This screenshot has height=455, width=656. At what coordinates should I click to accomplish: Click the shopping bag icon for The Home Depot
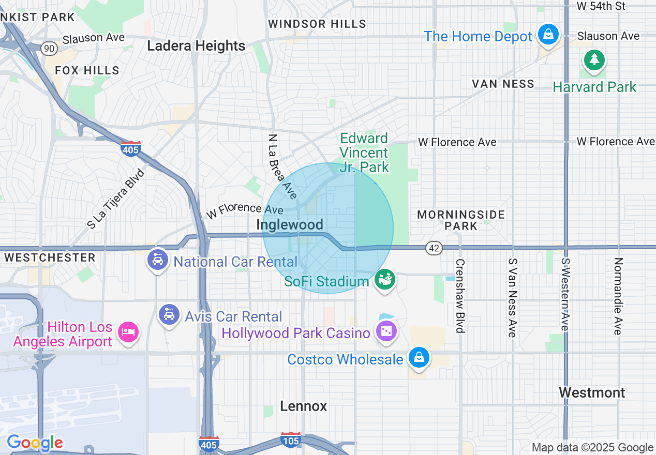(548, 35)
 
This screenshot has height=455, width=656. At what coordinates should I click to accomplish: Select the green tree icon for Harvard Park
(594, 59)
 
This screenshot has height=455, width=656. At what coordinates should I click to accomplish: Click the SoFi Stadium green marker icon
(385, 280)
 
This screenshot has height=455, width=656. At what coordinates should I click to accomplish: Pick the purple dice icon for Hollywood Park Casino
(385, 331)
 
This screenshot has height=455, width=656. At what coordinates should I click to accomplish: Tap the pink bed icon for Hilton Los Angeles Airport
(128, 331)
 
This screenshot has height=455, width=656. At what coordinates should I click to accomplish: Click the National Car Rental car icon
(158, 260)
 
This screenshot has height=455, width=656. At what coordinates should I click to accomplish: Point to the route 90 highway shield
(50, 49)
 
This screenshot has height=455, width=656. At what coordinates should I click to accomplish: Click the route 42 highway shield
(435, 248)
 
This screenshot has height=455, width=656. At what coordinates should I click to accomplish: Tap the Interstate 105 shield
(291, 440)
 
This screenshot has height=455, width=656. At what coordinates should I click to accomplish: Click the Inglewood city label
(290, 224)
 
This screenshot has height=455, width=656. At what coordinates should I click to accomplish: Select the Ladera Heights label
(196, 46)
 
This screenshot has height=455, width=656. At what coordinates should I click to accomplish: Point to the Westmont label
(592, 393)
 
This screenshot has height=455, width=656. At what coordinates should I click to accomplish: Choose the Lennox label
(304, 406)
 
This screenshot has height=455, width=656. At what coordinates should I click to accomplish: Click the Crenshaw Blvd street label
(459, 295)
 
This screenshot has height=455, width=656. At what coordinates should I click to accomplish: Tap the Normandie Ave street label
(617, 296)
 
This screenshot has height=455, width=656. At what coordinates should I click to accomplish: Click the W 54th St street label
(601, 6)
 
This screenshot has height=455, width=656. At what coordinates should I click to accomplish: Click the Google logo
(35, 443)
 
